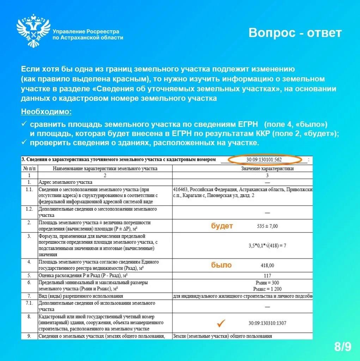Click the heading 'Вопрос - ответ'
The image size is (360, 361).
coord(295,33)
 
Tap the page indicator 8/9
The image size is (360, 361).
coord(343,347)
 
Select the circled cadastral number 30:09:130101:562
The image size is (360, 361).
coord(265,160)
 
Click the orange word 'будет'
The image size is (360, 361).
coord(222,226)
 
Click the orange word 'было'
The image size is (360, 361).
coord(221,265)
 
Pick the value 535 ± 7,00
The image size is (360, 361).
coord(267,226)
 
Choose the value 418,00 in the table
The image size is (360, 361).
coord(267,265)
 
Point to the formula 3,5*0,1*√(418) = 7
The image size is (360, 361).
coord(267,245)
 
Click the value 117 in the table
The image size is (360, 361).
coord(267,275)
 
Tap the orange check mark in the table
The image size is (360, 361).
coord(221,323)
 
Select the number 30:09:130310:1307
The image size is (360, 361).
coord(267,323)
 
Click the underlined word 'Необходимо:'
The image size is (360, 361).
coord(46,112)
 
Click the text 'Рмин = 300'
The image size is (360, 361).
coord(267,283)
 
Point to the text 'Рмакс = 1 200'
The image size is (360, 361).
coord(267,289)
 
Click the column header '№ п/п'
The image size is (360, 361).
coord(30,169)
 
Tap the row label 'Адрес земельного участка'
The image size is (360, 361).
coord(65,182)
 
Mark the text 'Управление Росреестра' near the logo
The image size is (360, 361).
coord(86,31)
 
